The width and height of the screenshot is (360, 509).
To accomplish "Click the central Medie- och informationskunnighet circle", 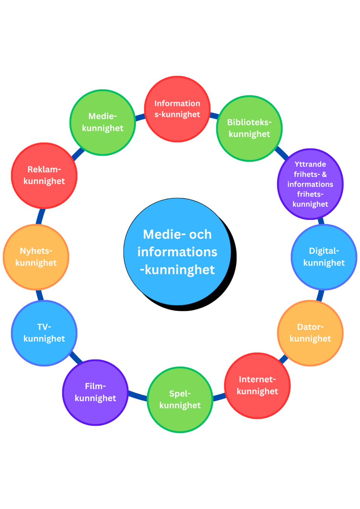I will [177, 251].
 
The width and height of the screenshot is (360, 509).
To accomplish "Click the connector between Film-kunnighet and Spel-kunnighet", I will [138, 396].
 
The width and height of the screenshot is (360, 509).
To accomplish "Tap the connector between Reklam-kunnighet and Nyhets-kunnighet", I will [40, 216].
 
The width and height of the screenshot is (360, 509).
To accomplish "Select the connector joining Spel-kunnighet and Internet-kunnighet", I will [219, 397].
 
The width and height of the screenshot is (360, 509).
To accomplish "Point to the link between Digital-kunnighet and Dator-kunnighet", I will [320, 295].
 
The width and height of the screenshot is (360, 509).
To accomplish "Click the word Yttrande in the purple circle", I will [310, 164].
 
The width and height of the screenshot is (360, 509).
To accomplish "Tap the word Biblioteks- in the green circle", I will [249, 122].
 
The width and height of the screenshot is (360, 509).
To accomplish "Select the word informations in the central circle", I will [177, 252].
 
